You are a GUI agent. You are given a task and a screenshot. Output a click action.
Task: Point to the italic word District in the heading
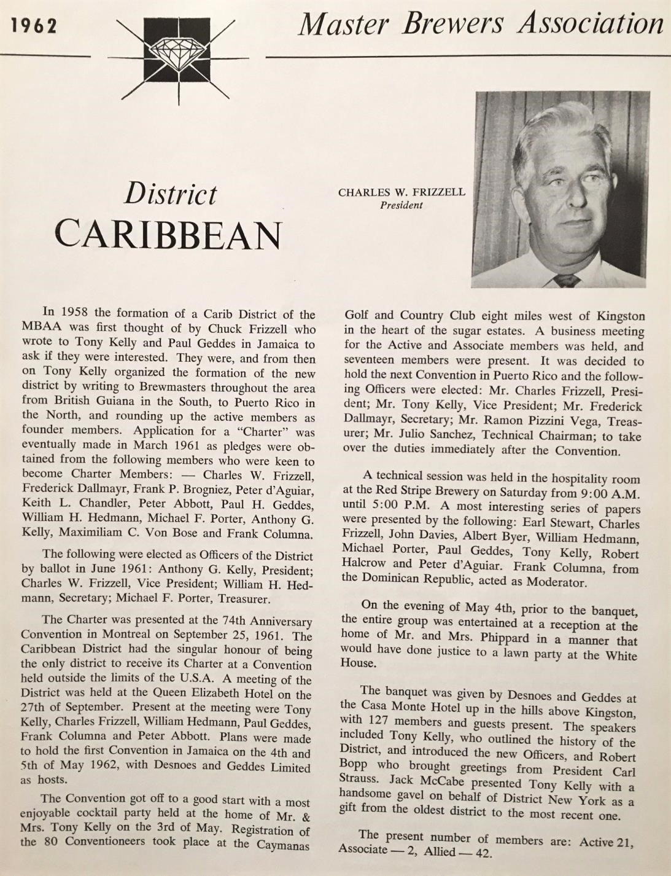(171, 194)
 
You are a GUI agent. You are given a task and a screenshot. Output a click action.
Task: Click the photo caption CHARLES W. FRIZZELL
(401, 192)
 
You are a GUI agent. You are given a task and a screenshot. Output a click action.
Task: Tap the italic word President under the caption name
(401, 205)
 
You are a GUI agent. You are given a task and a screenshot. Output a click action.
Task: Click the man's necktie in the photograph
(566, 280)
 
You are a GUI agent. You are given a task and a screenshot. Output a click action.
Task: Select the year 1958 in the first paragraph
(77, 315)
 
